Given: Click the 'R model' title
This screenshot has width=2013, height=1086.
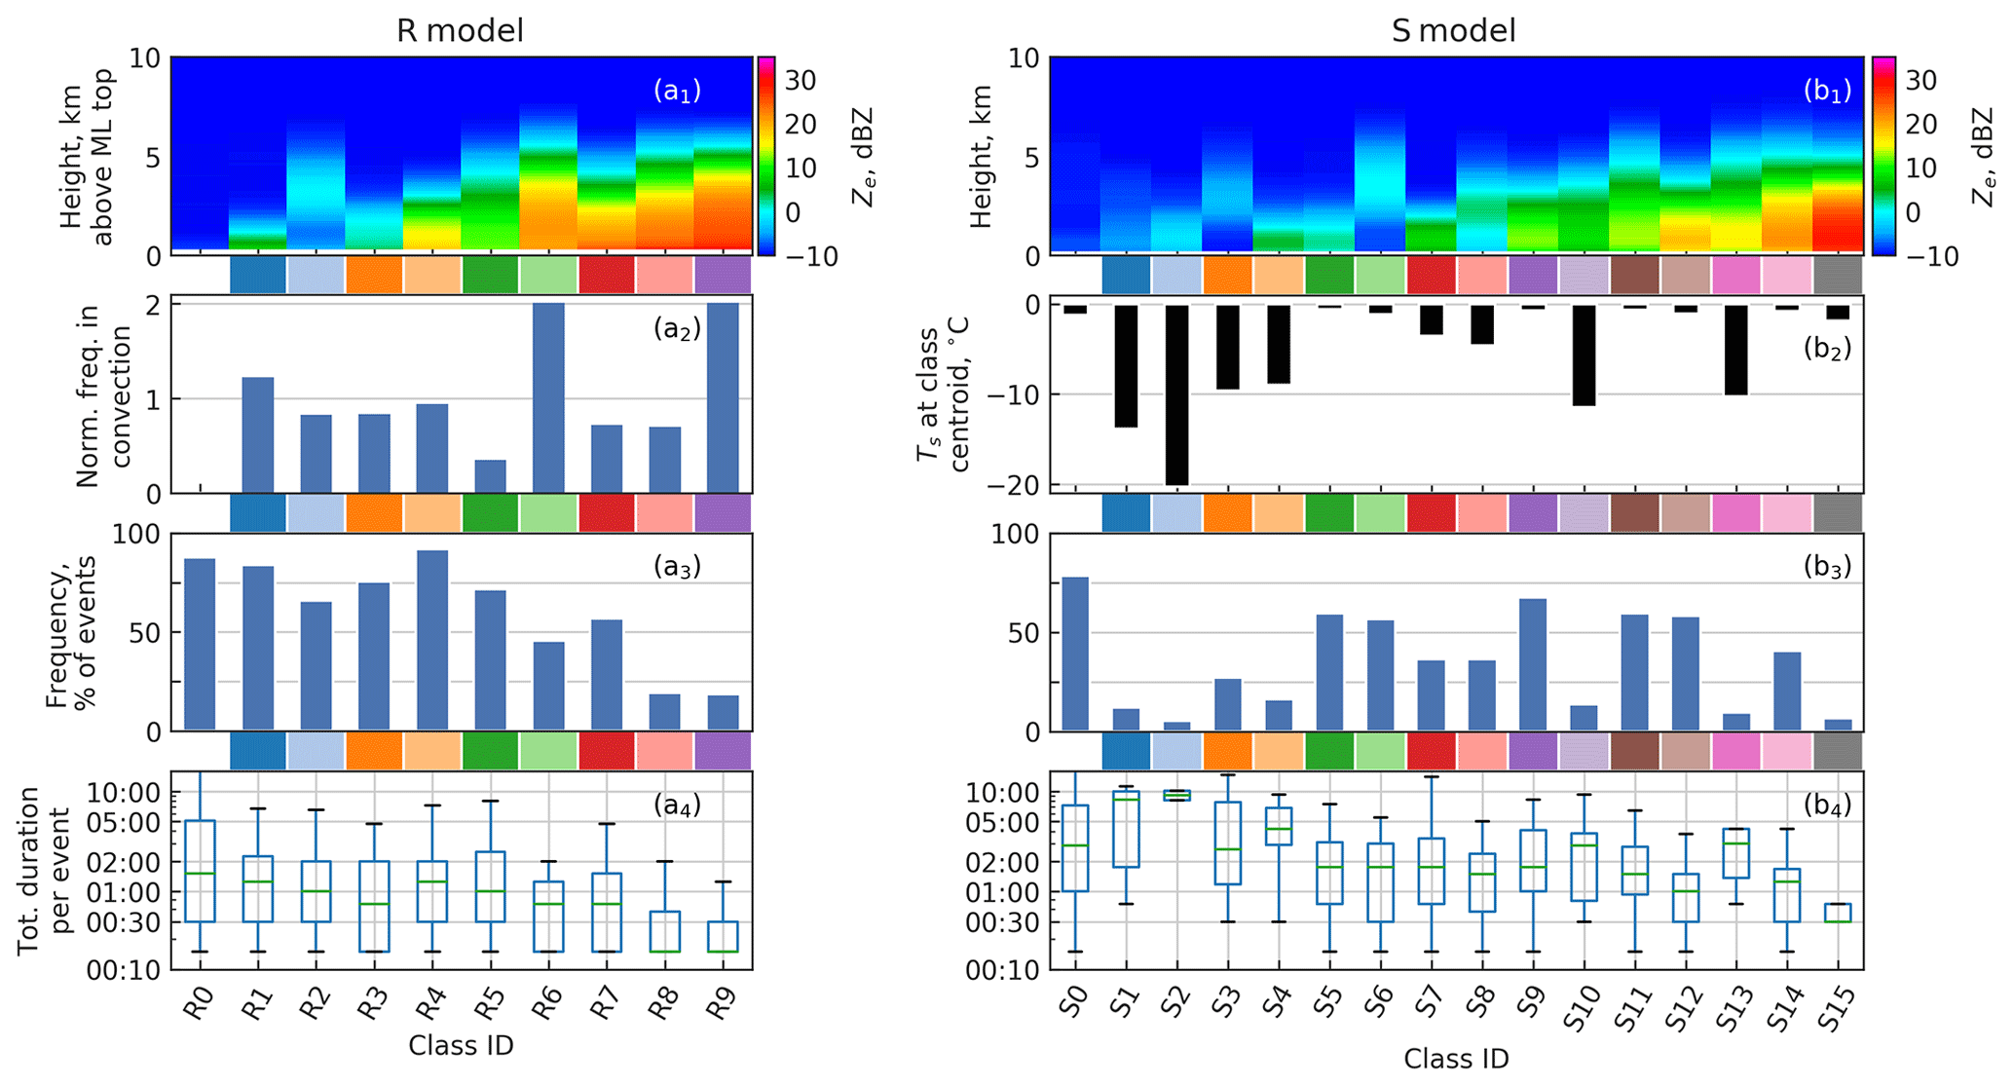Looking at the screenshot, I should [460, 31].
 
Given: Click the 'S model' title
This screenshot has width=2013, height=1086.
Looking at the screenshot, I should [1453, 31].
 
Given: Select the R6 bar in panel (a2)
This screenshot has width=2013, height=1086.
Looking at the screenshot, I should [548, 398].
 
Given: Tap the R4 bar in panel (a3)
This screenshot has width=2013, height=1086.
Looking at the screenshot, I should [432, 640].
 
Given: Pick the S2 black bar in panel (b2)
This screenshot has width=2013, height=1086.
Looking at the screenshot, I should [1176, 394].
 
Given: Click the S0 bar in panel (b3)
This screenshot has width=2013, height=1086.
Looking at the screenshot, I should [1075, 654].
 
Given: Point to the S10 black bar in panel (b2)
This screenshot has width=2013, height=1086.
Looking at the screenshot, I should [1584, 355].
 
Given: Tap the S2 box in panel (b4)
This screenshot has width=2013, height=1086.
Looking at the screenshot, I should [1176, 795].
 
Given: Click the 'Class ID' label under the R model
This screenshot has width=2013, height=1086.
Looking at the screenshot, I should [461, 1046].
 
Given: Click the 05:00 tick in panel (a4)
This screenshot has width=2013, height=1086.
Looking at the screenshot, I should [127, 822].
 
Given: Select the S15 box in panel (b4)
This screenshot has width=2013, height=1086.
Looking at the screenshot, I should [1838, 913].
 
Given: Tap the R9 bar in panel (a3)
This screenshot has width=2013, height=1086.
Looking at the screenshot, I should [723, 712].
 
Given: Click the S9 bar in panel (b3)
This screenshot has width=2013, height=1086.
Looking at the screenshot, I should [1533, 664].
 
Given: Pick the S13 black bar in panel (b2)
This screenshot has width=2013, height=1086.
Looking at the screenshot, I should [1736, 350].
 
